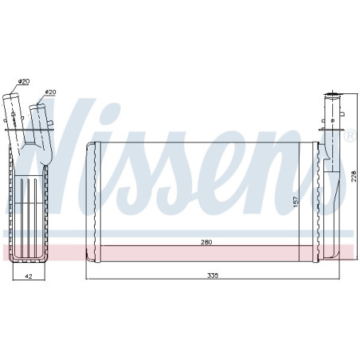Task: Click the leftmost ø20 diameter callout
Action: click(x=24, y=82)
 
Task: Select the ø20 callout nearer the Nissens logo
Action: click(x=51, y=92)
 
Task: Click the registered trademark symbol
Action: click(x=348, y=136)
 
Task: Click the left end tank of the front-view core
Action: click(x=91, y=199)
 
